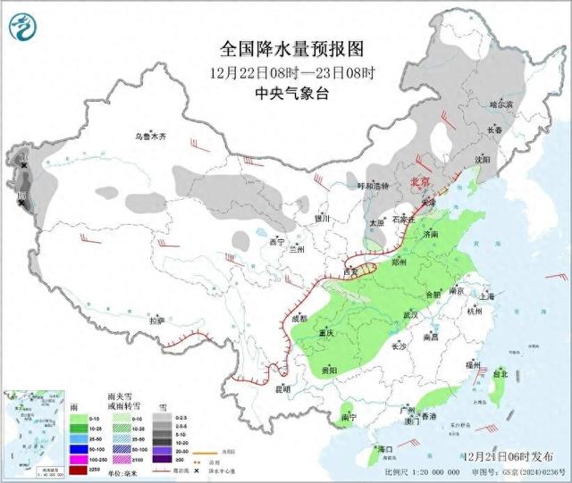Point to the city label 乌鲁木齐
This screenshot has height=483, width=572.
tap(151, 137)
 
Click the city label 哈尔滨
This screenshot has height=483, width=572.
tap(502, 104)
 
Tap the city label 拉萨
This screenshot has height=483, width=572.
tap(156, 320)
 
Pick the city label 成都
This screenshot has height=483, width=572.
tap(297, 318)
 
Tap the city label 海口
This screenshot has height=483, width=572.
tap(385, 448)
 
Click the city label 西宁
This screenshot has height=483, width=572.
tap(276, 241)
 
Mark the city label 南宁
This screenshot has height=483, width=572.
tap(348, 417)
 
